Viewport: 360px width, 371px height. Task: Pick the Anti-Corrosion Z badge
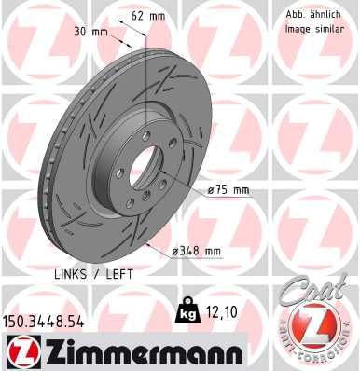click(x=314, y=327)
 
